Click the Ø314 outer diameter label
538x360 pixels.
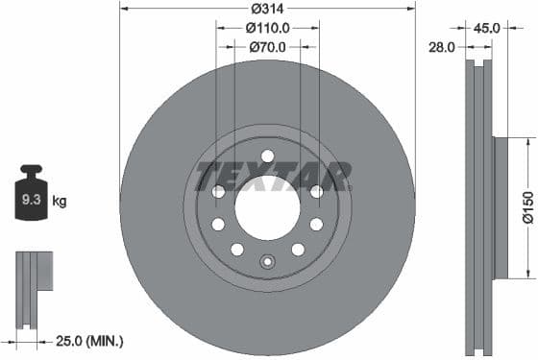(x=267, y=9)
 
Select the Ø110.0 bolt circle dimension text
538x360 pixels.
(x=268, y=28)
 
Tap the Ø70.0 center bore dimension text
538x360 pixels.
(x=268, y=46)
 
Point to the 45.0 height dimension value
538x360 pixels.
(x=487, y=28)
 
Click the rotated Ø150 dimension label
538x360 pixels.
(x=527, y=207)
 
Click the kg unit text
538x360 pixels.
(x=60, y=202)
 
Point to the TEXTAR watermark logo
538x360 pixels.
(x=273, y=177)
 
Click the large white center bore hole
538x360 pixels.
(x=267, y=208)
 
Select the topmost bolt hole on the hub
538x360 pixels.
(x=267, y=156)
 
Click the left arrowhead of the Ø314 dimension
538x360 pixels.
(x=123, y=9)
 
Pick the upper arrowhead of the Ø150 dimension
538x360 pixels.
(x=527, y=140)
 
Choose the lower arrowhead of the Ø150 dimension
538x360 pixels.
(x=527, y=277)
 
